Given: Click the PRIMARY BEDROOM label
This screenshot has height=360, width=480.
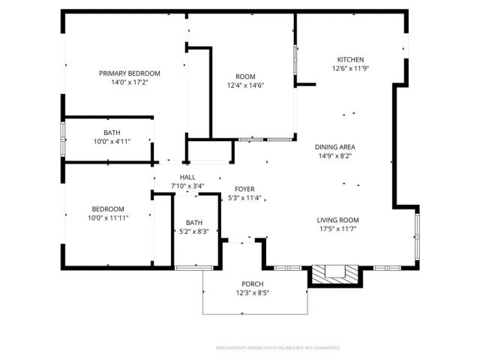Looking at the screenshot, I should [x=130, y=73].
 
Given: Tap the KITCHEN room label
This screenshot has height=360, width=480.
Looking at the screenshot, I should [x=350, y=59].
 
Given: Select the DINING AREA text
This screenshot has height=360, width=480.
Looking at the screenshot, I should [x=335, y=146].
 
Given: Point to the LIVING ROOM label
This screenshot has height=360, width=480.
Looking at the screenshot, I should [x=337, y=220].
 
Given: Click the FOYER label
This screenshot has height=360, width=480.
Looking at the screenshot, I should [x=244, y=189].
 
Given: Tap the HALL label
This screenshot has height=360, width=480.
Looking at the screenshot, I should [x=187, y=177].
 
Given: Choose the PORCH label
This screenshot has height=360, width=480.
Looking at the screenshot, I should [x=251, y=283].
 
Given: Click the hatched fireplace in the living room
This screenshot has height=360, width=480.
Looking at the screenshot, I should [x=329, y=274].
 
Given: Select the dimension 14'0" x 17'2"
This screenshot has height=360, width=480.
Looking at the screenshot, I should [x=130, y=82].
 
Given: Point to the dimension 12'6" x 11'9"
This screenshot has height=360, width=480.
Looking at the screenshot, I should [x=350, y=68].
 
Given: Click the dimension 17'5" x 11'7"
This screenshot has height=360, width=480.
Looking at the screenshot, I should [x=337, y=229].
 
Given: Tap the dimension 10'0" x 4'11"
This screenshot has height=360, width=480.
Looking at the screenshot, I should [x=112, y=141].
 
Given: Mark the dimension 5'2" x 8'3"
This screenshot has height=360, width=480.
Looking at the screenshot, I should [x=194, y=232].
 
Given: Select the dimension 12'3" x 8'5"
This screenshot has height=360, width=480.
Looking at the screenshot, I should [x=251, y=292].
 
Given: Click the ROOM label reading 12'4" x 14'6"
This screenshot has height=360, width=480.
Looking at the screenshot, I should [x=245, y=76].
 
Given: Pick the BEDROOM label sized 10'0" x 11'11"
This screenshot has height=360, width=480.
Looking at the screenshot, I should [x=108, y=208].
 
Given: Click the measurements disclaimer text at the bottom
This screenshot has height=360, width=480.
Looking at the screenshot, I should [x=277, y=348].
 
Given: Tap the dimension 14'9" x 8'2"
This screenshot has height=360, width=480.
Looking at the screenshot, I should [x=335, y=155].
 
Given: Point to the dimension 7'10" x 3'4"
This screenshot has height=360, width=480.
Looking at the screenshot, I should [x=187, y=186].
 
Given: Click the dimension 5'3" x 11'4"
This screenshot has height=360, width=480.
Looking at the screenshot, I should [x=244, y=198].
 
